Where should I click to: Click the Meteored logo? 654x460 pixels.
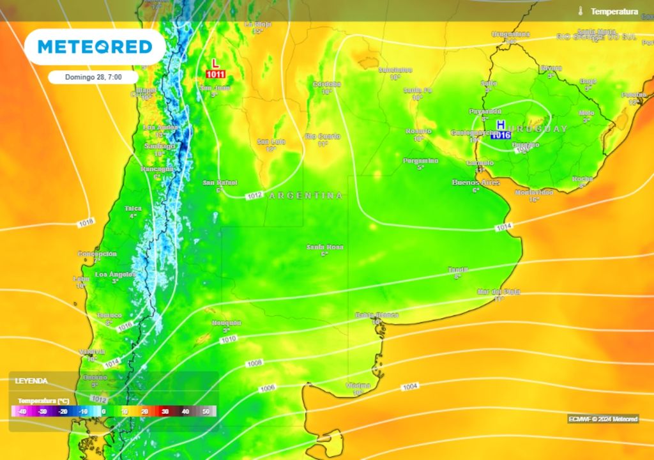pyautogui.click(x=95, y=47)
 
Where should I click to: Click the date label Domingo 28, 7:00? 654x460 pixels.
pyautogui.click(x=93, y=77)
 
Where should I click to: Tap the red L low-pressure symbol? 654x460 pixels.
pyautogui.click(x=215, y=64)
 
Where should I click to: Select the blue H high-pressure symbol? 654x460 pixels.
pyautogui.click(x=501, y=124)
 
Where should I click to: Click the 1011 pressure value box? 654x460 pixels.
pyautogui.click(x=215, y=75)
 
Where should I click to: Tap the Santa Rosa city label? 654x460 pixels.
pyautogui.click(x=324, y=247)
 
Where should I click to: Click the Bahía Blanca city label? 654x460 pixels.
pyautogui.click(x=377, y=315)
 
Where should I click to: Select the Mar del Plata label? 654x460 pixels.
pyautogui.click(x=498, y=291)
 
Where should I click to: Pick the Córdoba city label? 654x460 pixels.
pyautogui.click(x=326, y=84)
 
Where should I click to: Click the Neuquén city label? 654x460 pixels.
pyautogui.click(x=226, y=323)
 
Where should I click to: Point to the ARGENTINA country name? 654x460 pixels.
pyautogui.click(x=306, y=195)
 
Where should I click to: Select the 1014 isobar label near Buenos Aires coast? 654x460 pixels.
pyautogui.click(x=503, y=227)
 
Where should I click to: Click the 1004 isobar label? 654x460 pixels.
pyautogui.click(x=409, y=387)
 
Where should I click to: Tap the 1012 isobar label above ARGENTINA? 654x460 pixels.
pyautogui.click(x=254, y=194)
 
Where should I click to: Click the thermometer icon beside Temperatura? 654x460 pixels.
pyautogui.click(x=581, y=11)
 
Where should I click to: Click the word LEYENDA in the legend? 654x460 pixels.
pyautogui.click(x=31, y=381)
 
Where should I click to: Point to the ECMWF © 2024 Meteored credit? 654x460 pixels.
pyautogui.click(x=603, y=419)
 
